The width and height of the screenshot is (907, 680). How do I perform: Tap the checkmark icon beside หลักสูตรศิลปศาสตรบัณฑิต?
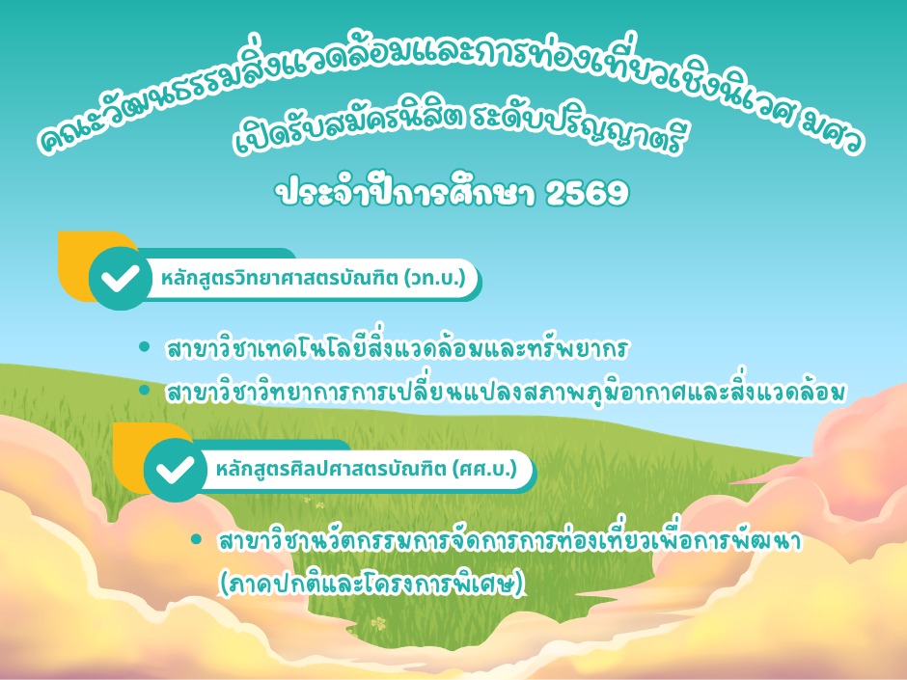(x=176, y=470)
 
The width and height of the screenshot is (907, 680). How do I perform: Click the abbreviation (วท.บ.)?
(x=435, y=278)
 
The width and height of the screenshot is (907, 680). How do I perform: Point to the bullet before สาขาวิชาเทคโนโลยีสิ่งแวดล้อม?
(x=144, y=347)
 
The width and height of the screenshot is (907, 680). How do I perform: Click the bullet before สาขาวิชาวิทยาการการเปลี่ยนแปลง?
(x=144, y=391)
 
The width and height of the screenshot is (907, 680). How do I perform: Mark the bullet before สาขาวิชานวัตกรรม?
(x=196, y=539)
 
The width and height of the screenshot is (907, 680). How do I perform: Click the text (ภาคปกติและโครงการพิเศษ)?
(x=372, y=583)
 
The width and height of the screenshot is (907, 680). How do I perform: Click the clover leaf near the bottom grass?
(x=378, y=624)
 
